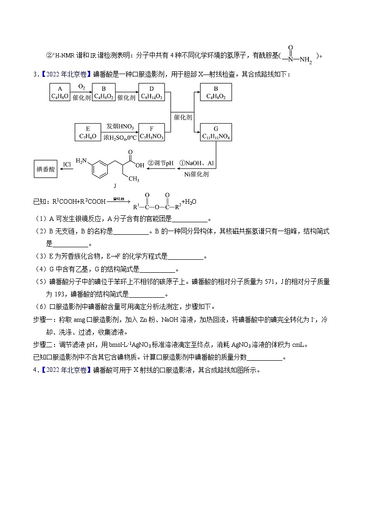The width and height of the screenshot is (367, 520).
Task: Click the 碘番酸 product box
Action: click(46, 170)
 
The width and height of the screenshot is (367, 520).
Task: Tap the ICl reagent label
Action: click(67, 164)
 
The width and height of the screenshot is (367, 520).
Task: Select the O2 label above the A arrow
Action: click(81, 87)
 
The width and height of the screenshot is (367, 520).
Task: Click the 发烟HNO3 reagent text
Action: click(120, 126)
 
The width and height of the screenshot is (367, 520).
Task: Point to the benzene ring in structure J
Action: click(99, 169)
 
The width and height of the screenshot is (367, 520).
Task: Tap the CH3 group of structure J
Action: click(134, 178)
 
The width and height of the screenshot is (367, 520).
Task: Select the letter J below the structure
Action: click(114, 186)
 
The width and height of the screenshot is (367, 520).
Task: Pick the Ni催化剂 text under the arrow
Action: click(196, 174)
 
